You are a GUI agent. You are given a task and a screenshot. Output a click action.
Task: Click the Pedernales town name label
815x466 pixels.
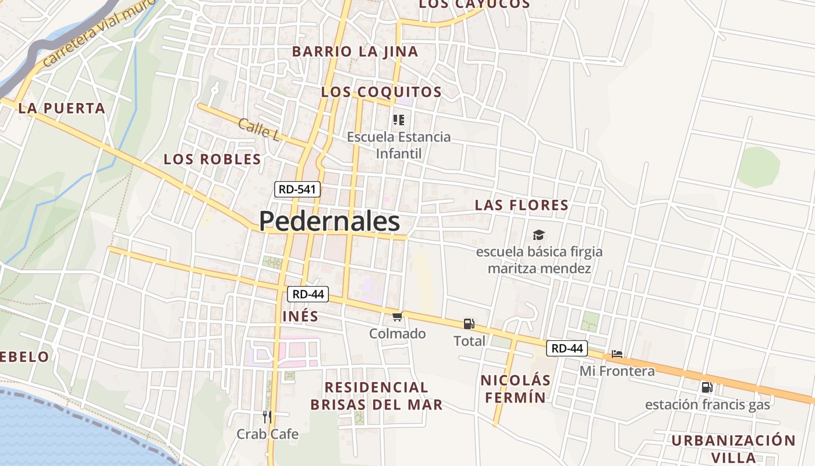pos(329,221)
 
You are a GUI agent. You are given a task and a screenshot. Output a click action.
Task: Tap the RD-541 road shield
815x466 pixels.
pos(297,189)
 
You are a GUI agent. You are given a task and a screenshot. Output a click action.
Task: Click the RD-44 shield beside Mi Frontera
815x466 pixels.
pos(567,348)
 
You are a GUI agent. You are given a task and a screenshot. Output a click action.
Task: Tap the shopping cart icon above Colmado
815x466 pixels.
pos(398,316)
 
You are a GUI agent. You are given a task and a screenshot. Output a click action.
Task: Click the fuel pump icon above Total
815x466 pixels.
pos(469,323)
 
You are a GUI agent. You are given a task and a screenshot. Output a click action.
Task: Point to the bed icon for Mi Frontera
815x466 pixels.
pos(617,354)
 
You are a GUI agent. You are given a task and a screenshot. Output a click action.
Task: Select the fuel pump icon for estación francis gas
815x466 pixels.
pos(707,387)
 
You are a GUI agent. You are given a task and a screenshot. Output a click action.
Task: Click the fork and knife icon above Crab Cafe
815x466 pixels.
pos(267,417)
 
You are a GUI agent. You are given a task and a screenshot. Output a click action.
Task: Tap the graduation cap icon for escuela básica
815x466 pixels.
pos(539,235)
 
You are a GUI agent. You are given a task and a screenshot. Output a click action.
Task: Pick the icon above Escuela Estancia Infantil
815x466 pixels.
pos(398,120)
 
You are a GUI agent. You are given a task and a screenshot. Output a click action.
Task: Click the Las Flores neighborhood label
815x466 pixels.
pos(522,205)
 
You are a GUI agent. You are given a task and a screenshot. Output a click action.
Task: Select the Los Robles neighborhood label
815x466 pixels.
pos(212,159)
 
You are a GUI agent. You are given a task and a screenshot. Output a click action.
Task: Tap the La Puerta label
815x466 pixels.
pos(62,108)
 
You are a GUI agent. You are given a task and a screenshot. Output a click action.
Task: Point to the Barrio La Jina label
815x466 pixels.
pos(355,51)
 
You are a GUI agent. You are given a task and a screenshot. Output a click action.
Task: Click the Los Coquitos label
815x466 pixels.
pos(381,92)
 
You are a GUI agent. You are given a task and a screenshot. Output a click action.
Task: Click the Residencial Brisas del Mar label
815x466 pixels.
pos(376,396)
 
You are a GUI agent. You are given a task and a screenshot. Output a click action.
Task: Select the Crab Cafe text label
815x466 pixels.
pos(267,434)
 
